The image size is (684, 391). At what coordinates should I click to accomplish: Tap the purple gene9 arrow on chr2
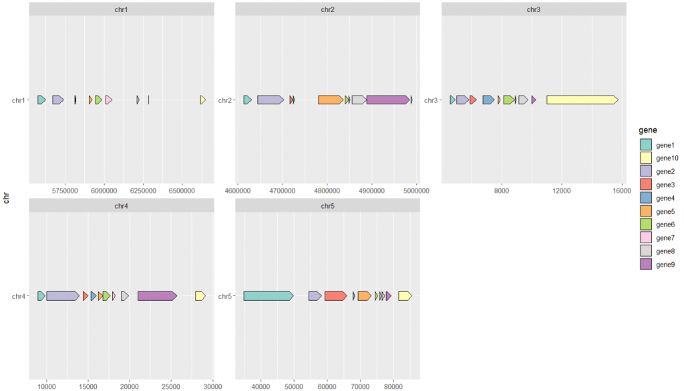point(387,100)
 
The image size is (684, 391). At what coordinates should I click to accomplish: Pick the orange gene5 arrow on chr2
point(330,100)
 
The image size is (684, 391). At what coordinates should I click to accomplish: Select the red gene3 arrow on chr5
point(335,295)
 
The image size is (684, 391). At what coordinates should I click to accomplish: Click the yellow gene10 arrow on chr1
point(203,100)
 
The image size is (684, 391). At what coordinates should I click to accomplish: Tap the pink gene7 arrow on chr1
point(108,100)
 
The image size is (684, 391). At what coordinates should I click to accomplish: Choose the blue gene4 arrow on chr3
point(488,100)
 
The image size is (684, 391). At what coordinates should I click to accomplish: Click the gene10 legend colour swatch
point(645,158)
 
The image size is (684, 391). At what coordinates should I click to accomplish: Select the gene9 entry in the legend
point(665,265)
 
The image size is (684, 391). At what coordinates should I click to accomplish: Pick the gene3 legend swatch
point(645,184)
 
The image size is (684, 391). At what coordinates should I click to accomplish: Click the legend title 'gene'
point(648,130)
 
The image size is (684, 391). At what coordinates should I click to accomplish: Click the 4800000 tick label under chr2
point(327,190)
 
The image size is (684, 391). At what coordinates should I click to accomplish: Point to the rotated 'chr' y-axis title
point(6,198)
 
